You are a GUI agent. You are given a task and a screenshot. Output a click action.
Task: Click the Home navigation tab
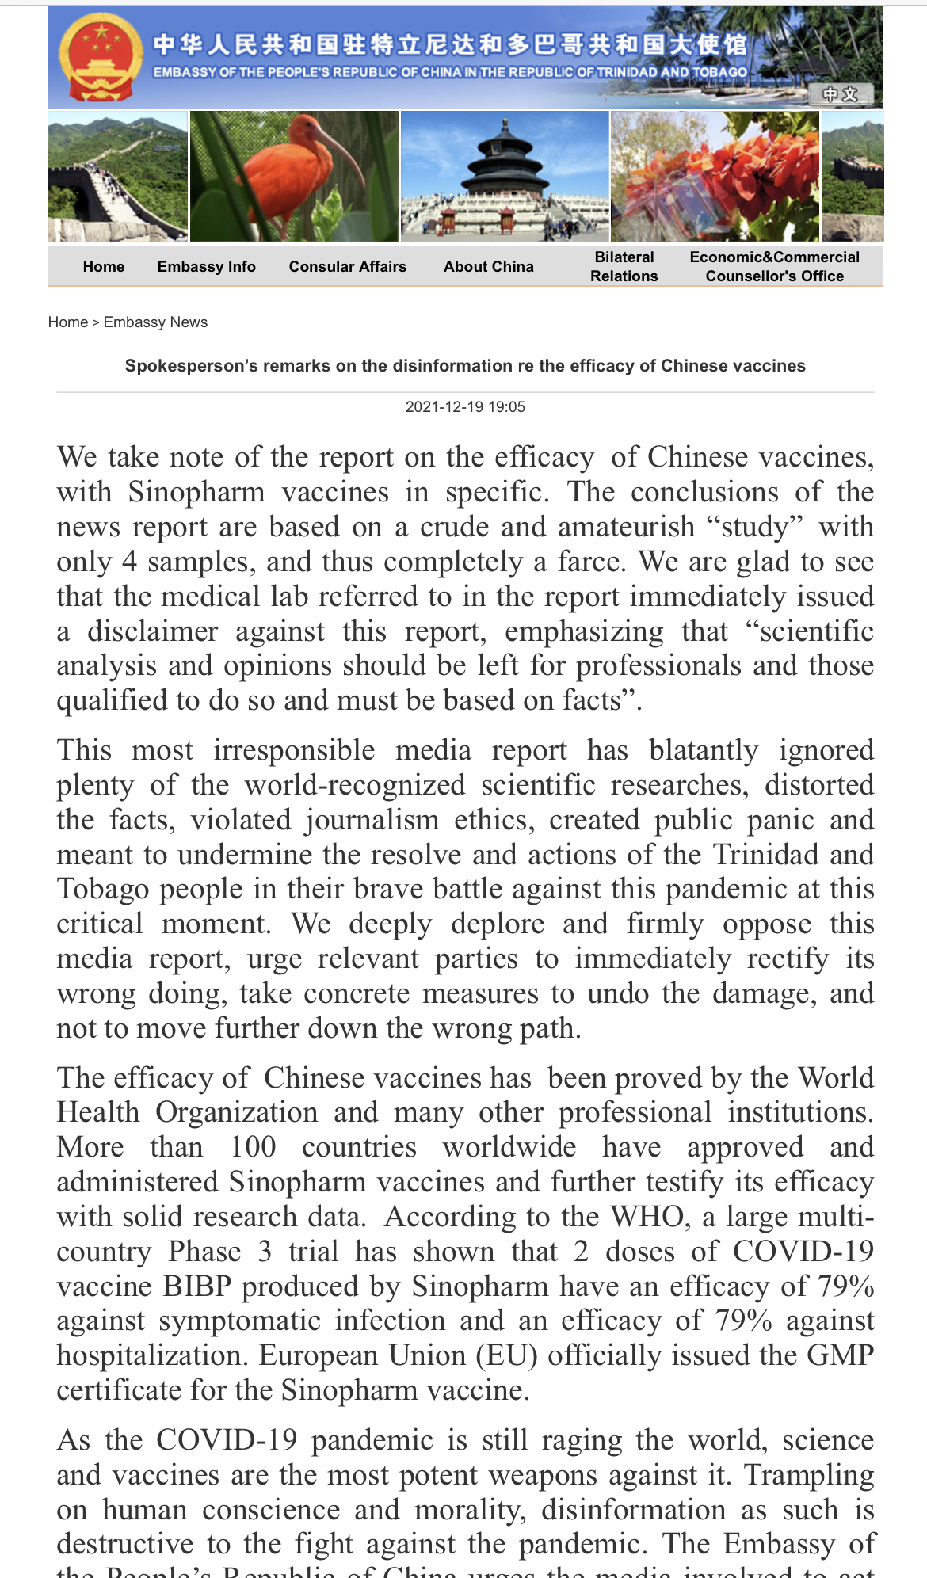pos(104,267)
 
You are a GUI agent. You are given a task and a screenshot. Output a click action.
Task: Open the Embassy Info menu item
pos(206,267)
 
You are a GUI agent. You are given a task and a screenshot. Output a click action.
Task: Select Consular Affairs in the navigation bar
pos(347,267)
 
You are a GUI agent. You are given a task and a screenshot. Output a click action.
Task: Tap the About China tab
pos(488,267)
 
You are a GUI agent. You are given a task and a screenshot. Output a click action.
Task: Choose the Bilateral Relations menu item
pos(624,267)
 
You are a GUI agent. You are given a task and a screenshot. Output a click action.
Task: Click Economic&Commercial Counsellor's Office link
pos(774,267)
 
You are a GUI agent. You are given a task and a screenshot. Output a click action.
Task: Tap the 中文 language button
pos(840,94)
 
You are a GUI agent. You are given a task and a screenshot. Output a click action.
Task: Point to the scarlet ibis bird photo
pos(294,176)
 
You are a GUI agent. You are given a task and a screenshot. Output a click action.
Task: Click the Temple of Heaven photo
pos(505,176)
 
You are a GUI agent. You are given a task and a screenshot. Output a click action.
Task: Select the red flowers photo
pos(714,176)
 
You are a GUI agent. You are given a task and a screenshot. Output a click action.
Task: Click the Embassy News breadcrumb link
pos(155,322)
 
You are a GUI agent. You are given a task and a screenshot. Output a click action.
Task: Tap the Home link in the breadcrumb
pos(67,322)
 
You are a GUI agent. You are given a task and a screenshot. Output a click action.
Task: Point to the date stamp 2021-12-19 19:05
pos(465,407)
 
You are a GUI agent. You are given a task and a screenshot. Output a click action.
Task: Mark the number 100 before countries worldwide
pos(253,1147)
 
